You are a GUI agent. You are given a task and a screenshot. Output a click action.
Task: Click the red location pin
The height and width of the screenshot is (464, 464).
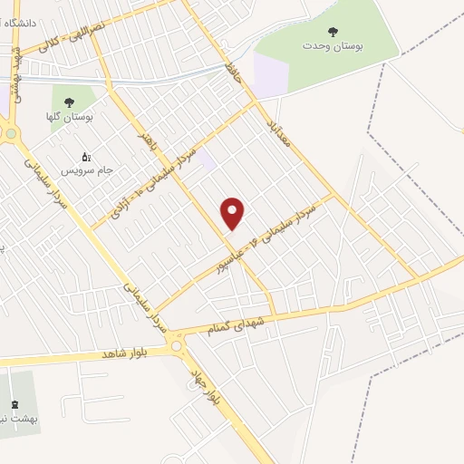pos(234,213)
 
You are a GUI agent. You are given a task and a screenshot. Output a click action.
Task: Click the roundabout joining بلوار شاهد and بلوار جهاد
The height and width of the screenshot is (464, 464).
pos(175,344)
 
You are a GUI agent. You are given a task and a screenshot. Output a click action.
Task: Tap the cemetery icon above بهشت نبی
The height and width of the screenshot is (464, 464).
pos(14,404)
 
